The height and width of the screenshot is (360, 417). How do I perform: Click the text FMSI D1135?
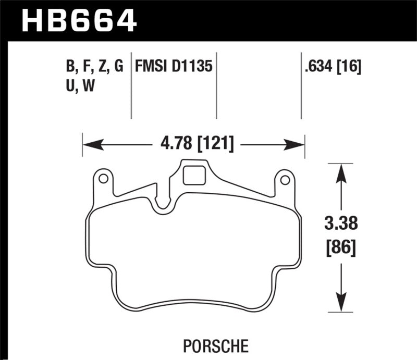point(173,67)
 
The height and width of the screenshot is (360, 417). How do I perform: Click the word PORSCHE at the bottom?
point(208,345)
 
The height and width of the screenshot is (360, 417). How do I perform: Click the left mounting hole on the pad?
point(103,179)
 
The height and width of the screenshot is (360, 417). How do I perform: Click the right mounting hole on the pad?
point(284,180)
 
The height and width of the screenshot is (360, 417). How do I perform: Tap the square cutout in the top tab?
point(195,173)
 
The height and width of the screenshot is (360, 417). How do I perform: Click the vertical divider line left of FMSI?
point(131,86)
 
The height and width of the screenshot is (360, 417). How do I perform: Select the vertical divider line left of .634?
point(301,86)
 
